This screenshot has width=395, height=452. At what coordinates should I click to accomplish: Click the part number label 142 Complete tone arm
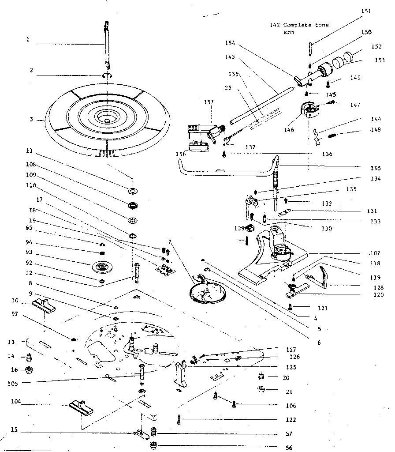(299, 28)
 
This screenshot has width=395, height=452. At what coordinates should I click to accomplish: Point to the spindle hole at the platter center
(107, 119)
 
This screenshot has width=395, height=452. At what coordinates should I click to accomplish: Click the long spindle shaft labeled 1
(106, 44)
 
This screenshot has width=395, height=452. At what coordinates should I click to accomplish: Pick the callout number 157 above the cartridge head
(209, 102)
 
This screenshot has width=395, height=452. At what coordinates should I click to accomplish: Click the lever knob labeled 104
(80, 407)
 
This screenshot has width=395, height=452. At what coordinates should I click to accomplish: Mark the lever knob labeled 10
(44, 304)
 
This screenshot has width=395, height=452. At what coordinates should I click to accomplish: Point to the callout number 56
(289, 447)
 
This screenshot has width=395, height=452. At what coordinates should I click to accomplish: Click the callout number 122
(290, 419)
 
